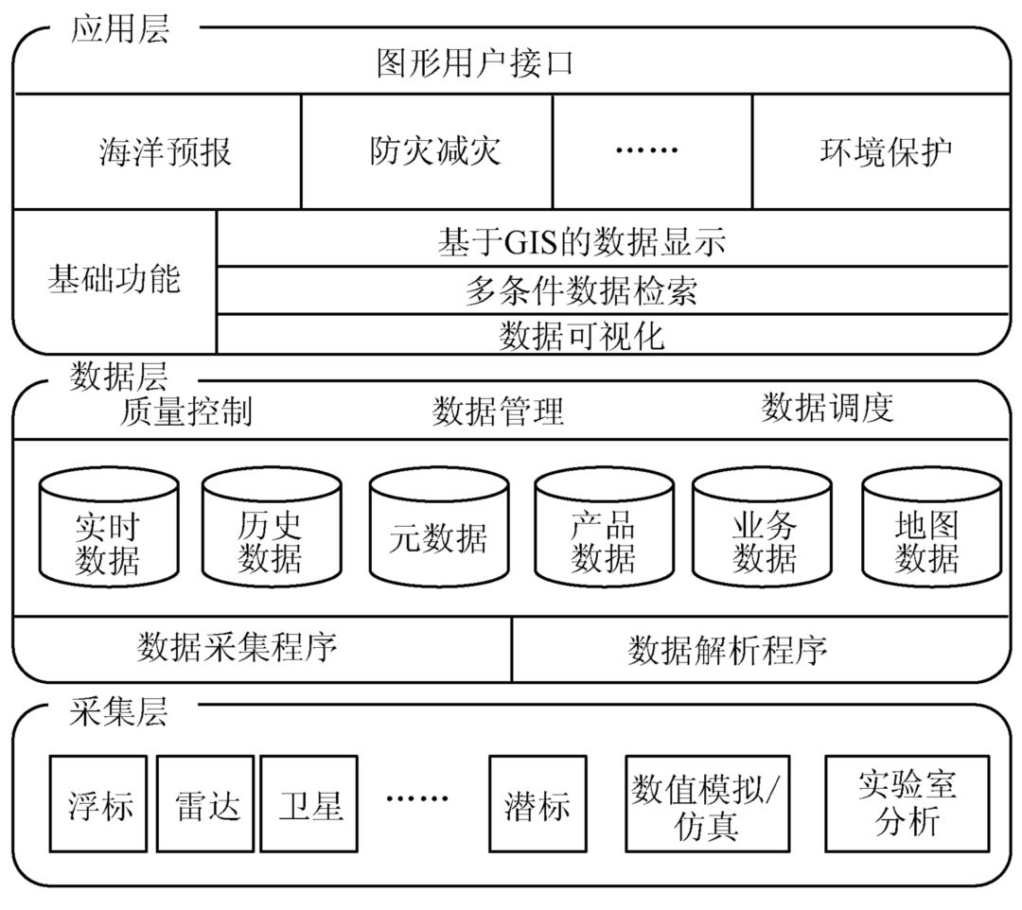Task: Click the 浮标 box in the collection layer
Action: pos(99,803)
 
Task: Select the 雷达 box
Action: pos(205,803)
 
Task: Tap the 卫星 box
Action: pos(309,803)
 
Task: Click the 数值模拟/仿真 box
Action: pos(707,803)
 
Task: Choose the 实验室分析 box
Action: pos(907,803)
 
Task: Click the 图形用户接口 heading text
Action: pos(475,64)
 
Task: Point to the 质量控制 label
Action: pos(186,411)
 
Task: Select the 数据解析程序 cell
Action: pos(727,650)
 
